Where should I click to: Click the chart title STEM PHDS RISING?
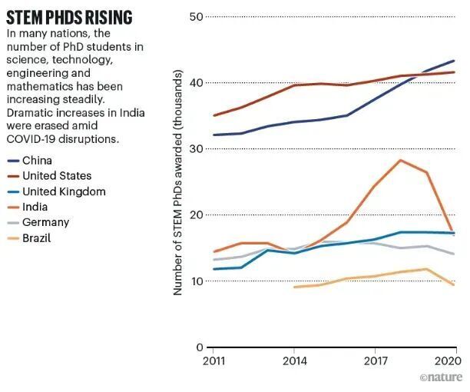(69, 18)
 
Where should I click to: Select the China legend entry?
(38, 161)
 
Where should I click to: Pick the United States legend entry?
(57, 176)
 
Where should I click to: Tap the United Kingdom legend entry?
(64, 191)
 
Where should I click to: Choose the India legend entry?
(35, 207)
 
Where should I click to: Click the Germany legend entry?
(45, 222)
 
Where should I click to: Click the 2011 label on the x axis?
(214, 360)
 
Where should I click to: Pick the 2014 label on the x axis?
(295, 360)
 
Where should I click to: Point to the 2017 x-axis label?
(375, 360)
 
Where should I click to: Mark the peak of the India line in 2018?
(401, 160)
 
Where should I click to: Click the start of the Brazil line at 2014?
(295, 287)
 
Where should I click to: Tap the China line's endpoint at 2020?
(455, 61)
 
